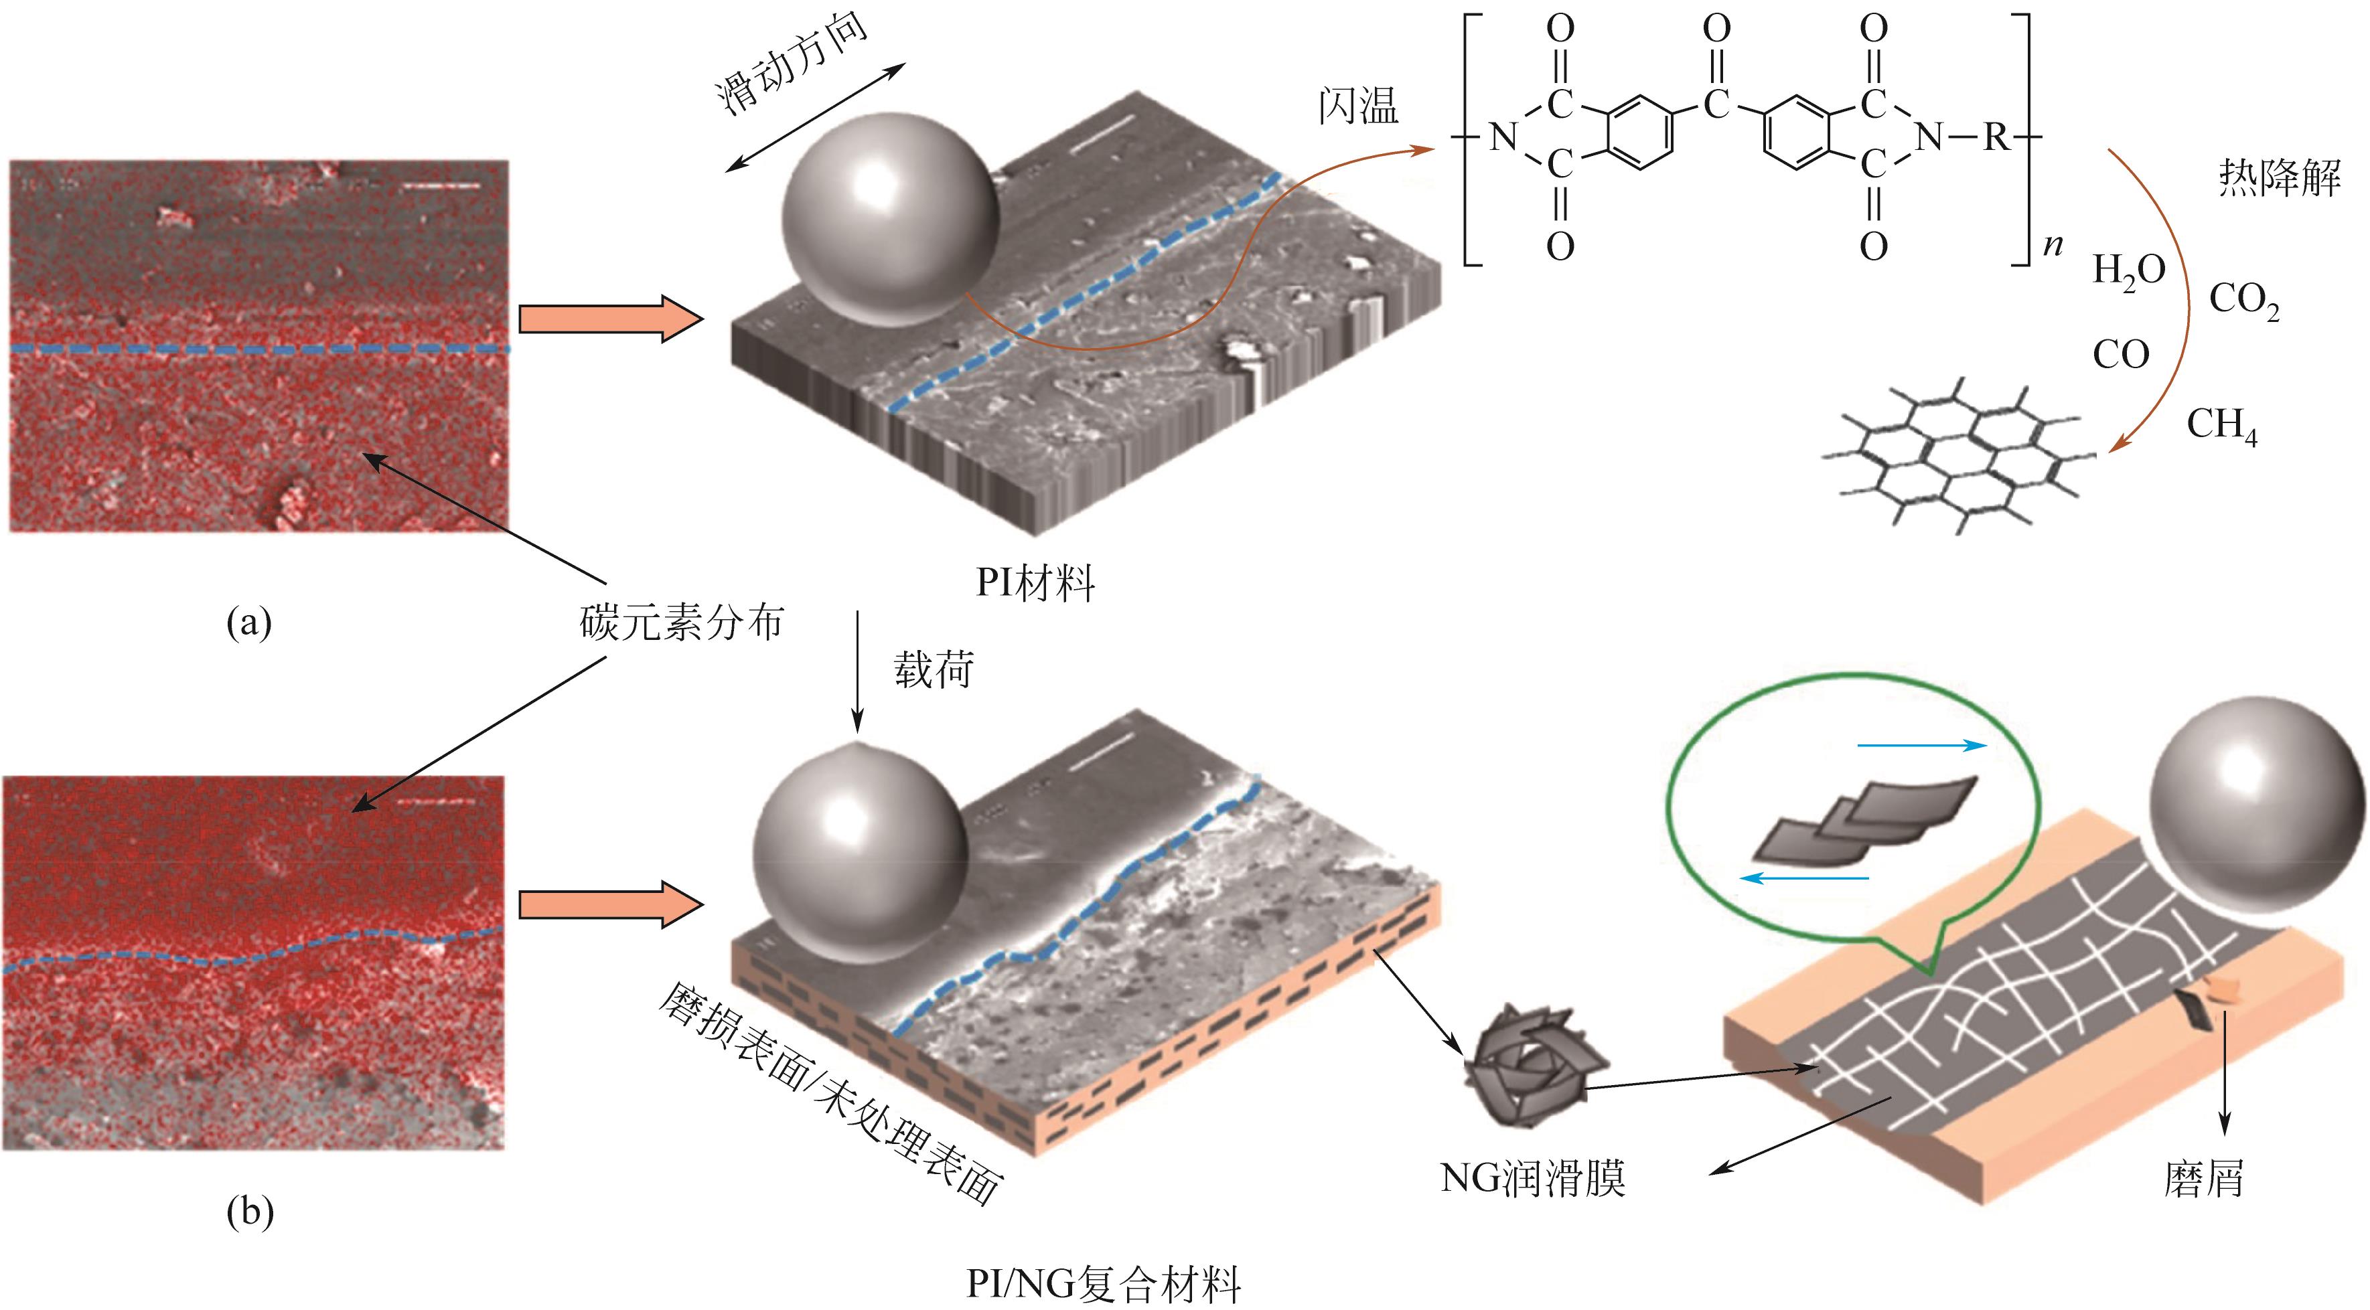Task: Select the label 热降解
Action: pos(2279,177)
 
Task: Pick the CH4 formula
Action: pos(2221,425)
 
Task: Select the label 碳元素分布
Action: pos(681,622)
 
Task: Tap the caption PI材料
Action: pos(1035,583)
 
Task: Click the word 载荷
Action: pos(933,669)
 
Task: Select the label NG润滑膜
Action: pos(1532,1177)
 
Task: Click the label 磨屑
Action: pos(2203,1178)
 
